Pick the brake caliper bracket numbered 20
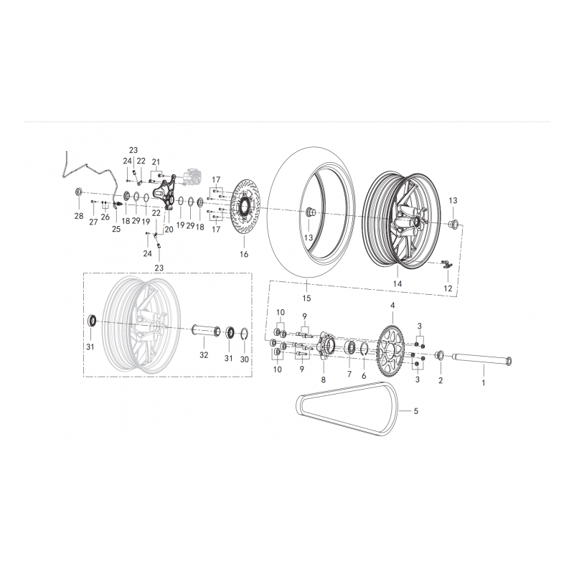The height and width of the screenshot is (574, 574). click(164, 193)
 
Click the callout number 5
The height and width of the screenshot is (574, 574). click(416, 411)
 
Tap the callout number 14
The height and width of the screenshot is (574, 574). click(397, 283)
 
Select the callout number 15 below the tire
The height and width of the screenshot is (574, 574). click(306, 298)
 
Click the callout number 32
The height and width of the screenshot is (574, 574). click(204, 354)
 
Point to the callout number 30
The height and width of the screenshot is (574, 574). click(245, 359)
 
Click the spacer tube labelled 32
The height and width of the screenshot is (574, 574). click(207, 331)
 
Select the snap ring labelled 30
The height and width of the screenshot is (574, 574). click(245, 335)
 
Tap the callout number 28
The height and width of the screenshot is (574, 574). click(79, 216)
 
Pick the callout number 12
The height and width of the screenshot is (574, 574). click(448, 288)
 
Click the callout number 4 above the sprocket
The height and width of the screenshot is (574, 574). click(392, 306)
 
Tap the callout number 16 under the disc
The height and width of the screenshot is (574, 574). click(244, 254)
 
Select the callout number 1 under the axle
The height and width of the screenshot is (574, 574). click(484, 383)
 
